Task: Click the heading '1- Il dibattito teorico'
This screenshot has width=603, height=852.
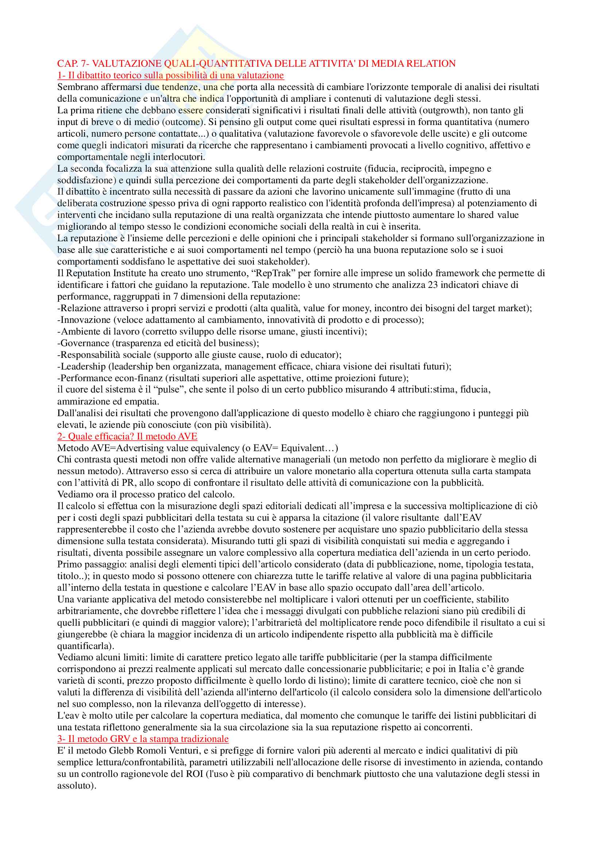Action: [x=170, y=75]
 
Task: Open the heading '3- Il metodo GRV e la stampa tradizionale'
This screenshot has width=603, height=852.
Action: [x=143, y=738]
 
